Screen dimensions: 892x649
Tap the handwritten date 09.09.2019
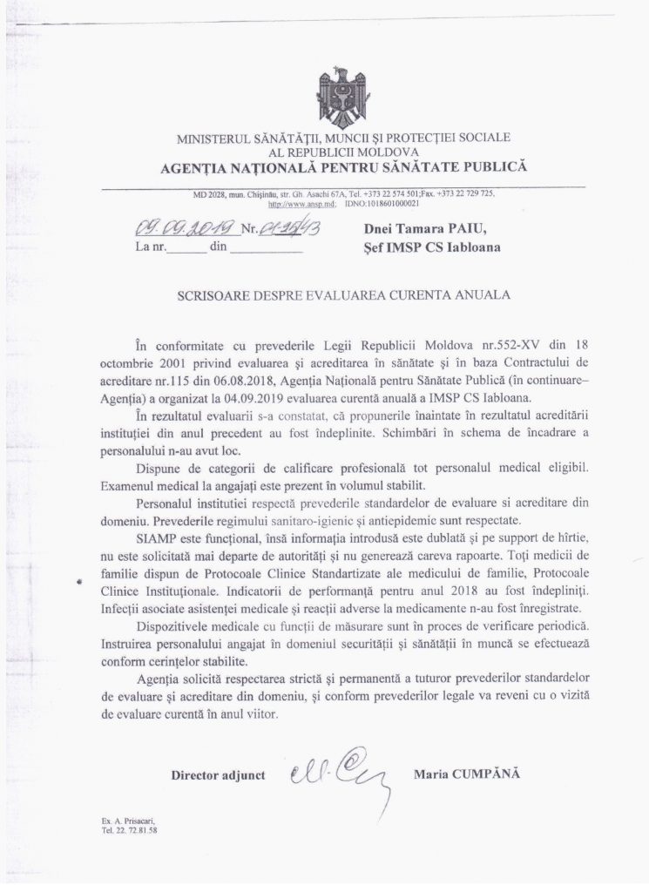(183, 229)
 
